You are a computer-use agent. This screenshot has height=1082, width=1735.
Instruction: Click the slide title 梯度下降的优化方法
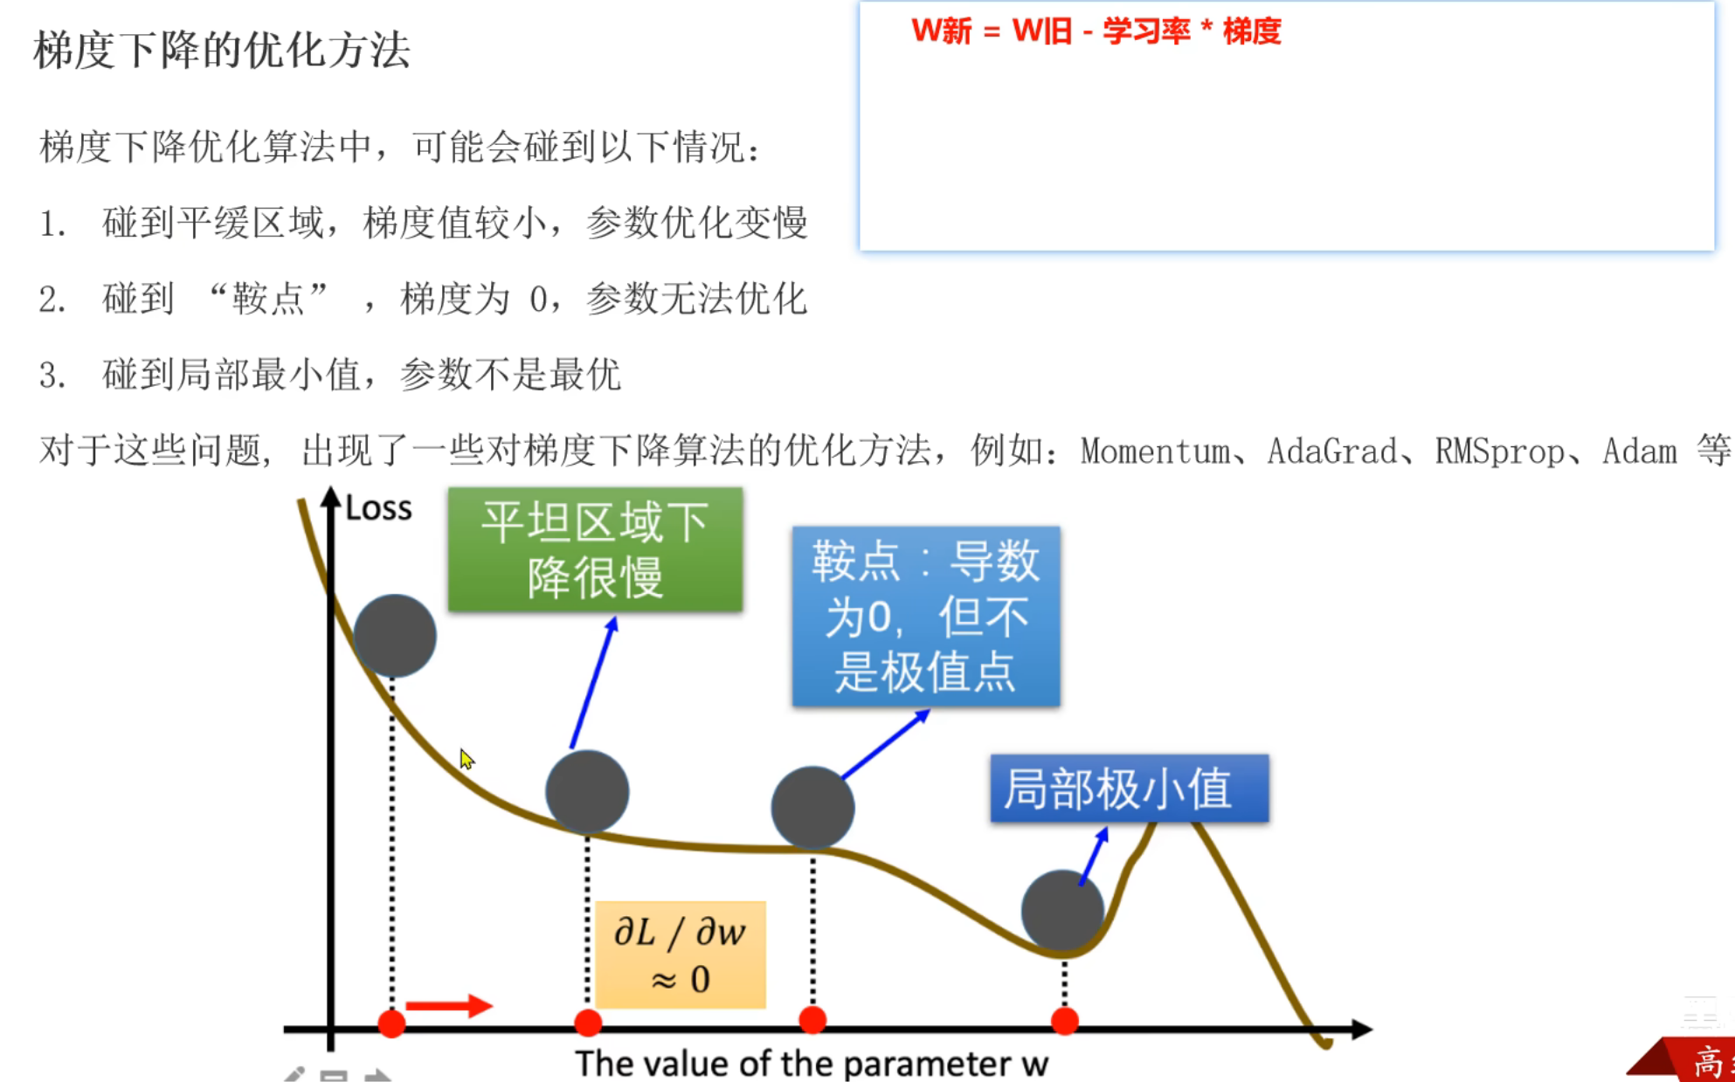222,51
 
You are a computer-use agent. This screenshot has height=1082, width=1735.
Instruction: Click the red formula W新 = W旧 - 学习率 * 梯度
1096,31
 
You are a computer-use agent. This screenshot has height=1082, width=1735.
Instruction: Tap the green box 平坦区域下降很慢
595,549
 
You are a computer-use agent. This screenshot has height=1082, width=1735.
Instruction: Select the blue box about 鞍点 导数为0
925,617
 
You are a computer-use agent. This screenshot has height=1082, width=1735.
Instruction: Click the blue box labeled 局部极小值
1128,788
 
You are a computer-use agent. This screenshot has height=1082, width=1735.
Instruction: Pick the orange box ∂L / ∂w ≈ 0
680,955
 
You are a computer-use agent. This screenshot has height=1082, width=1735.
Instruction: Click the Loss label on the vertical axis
378,508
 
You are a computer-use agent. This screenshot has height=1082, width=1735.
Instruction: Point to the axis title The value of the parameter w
811,1064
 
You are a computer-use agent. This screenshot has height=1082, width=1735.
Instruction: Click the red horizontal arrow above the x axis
449,1006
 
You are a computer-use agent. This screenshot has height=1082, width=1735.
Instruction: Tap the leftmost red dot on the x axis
391,1023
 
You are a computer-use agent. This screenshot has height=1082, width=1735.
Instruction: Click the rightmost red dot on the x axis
1064,1021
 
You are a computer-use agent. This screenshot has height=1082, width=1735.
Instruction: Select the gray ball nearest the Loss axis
395,636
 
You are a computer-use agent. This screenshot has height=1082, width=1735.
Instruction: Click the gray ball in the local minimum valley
1062,910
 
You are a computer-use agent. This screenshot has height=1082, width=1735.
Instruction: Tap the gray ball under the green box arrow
587,791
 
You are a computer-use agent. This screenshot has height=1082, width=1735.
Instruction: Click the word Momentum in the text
1154,451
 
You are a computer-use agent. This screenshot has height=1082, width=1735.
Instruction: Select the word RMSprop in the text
1499,451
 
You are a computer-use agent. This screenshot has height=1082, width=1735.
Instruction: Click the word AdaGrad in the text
1331,451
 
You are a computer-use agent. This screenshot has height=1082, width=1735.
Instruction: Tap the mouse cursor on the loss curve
467,759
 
